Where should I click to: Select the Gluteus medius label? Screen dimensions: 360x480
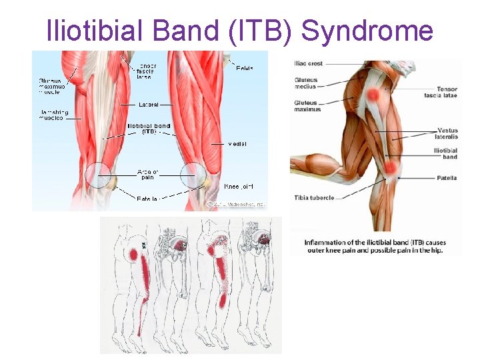coord(305,83)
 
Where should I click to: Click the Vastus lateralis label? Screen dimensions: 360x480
coord(447,133)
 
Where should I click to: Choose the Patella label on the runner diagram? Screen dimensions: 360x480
coord(447,178)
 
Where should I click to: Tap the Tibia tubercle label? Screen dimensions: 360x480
coord(313,197)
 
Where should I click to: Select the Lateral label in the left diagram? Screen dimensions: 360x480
coord(148,105)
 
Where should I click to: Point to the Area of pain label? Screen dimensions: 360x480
coord(147,175)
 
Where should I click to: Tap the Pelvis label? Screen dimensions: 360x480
coord(244,67)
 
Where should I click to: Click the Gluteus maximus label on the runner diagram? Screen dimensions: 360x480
coord(307,105)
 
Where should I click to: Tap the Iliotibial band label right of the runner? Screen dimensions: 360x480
coord(445,154)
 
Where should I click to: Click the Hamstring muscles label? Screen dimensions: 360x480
coord(51,115)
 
